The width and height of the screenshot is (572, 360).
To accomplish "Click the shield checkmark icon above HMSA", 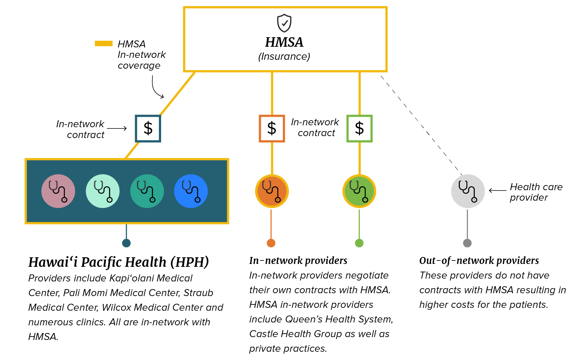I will [284, 23].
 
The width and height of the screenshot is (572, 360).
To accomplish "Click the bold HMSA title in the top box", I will [284, 42].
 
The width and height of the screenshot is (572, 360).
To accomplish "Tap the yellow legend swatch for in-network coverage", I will [104, 44].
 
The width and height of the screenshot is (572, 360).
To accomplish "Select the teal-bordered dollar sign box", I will [148, 128].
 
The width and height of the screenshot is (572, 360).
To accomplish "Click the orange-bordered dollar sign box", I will [272, 128].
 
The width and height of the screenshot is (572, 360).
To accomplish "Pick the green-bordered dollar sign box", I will [359, 128].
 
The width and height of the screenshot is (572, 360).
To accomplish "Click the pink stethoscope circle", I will [58, 191].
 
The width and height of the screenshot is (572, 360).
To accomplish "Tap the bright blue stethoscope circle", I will [191, 191].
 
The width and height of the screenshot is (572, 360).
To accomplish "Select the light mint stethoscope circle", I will [103, 191].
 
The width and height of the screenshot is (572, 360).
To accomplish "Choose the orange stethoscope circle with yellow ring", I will [272, 191].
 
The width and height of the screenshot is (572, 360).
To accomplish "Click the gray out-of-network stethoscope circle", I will [468, 191].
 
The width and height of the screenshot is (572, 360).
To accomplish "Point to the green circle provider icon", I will [359, 191].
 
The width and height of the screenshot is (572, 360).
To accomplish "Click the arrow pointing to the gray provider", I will [497, 190].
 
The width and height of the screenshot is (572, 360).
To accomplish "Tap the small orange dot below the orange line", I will [271, 243].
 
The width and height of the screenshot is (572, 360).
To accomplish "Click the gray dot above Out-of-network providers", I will [467, 243].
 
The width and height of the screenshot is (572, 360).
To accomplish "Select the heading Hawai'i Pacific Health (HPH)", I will [119, 262].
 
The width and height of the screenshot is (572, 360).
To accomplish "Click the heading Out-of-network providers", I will [479, 260].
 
